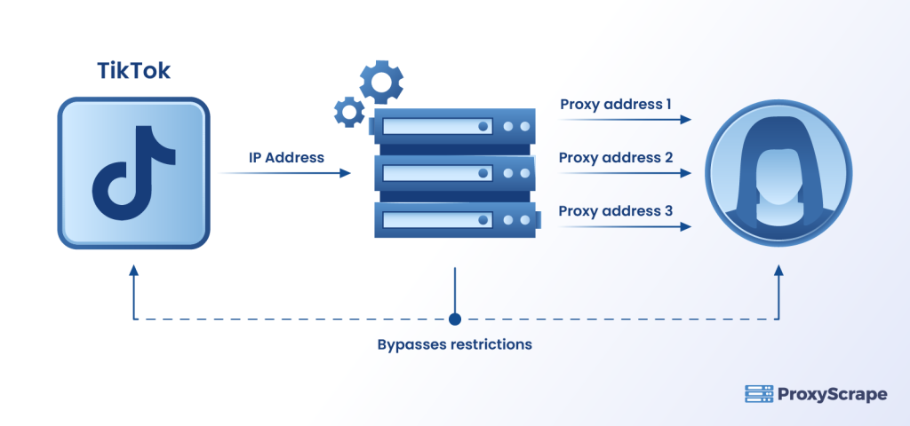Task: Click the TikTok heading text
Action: [x=133, y=72]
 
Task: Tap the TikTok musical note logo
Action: [x=132, y=174]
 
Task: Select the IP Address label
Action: [x=285, y=157]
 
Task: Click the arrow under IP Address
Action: [x=285, y=174]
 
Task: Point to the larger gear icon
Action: [x=381, y=83]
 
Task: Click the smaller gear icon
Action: [x=349, y=111]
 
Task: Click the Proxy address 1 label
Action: [x=615, y=105]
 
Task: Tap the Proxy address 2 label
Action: [x=615, y=157]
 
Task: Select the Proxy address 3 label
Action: [x=615, y=211]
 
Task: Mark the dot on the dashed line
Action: [x=455, y=319]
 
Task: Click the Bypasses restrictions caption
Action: [x=455, y=344]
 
